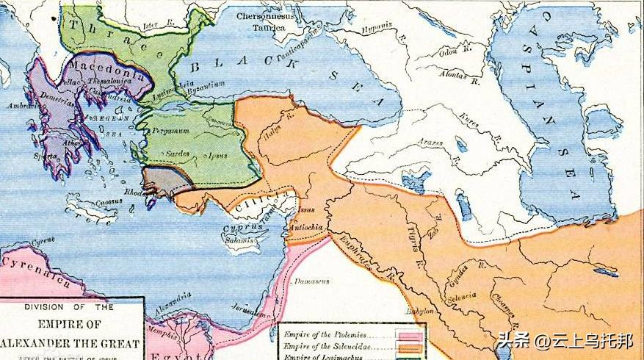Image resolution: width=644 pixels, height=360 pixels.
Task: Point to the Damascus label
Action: [x=311, y=281]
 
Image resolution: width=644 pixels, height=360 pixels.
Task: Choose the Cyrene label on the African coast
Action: [x=42, y=240]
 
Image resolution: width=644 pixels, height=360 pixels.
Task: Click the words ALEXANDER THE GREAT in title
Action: [x=71, y=343]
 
